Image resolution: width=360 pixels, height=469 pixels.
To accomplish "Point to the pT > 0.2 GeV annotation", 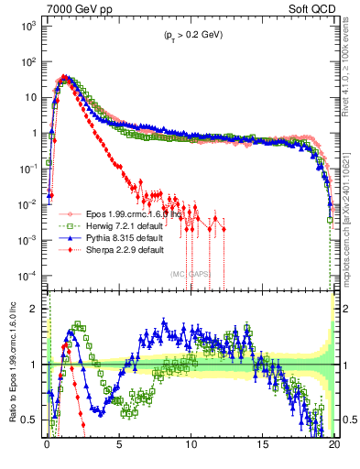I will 188,35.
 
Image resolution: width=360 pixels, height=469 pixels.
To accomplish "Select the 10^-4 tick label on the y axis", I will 28,276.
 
